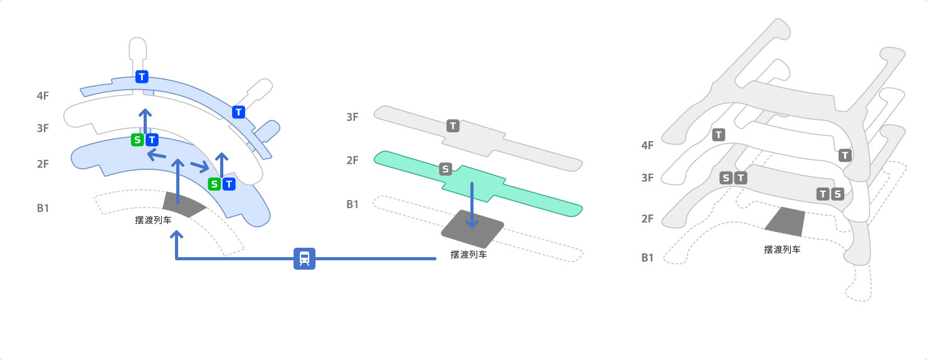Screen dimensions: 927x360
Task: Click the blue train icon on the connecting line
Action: tap(305, 258)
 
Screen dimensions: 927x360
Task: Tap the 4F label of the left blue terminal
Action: tap(43, 96)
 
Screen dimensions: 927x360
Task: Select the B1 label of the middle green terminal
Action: tap(352, 204)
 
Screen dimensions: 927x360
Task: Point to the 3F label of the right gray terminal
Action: tap(647, 178)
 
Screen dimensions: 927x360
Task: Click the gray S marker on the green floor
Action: tap(445, 169)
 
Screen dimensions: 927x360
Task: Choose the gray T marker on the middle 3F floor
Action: tap(453, 126)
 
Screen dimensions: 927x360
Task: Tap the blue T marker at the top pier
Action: tap(142, 77)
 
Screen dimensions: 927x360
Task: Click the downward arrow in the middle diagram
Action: tap(472, 205)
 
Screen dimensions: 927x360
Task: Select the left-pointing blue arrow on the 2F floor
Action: tap(157, 155)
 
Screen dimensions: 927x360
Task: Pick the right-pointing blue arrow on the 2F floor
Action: tap(200, 166)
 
